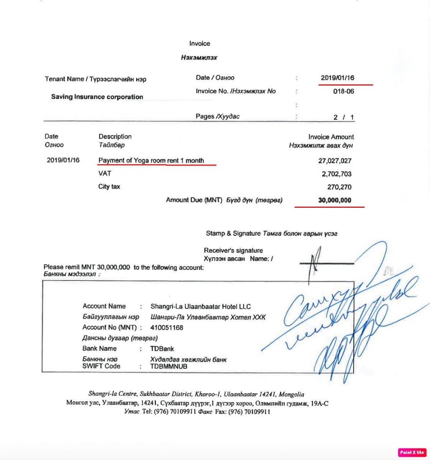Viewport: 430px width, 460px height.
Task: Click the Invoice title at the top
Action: coord(199,44)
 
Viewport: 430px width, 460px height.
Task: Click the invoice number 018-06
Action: coord(343,91)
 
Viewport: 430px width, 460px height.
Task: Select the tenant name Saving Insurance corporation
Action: coord(97,97)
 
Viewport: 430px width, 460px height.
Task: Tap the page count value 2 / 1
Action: coord(343,117)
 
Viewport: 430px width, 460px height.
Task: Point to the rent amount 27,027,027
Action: coord(334,161)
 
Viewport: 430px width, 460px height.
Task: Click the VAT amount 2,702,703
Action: coord(336,174)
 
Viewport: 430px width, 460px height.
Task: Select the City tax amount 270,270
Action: coord(339,187)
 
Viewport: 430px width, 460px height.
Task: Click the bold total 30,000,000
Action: coord(334,200)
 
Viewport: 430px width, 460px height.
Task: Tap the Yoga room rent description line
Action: coord(151,161)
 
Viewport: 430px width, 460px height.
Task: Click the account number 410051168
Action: coord(167,328)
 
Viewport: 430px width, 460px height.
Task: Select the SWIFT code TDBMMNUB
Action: coord(169,366)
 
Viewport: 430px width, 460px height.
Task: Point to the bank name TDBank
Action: coord(162,349)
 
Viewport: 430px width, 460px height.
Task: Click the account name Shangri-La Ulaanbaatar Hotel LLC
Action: coord(201,307)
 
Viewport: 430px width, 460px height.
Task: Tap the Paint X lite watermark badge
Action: coord(412,452)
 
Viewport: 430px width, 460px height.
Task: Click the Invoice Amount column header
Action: coord(331,137)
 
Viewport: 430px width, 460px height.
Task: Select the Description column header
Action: coord(115,136)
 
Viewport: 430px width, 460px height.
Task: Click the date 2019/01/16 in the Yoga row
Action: coord(63,160)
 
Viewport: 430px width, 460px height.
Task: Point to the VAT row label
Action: coord(105,173)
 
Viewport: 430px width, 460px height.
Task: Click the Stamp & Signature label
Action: coord(233,233)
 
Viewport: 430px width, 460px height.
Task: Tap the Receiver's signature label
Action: coord(233,251)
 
